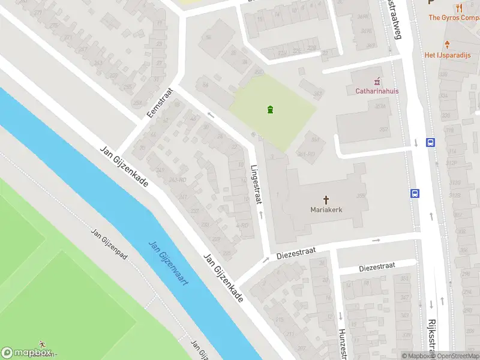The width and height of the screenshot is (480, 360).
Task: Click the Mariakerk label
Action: tap(326, 209)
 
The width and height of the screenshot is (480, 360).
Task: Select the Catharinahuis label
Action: tap(377, 91)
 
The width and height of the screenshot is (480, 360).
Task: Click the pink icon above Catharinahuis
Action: tap(377, 80)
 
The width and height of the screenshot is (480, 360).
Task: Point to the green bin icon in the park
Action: tap(271, 109)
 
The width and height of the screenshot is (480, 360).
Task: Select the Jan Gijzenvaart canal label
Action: tap(167, 262)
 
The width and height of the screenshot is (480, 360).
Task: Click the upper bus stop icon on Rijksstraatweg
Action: tap(430, 143)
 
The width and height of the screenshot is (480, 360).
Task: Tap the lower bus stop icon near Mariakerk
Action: tap(415, 193)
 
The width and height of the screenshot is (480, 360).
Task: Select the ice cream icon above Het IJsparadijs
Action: tap(447, 44)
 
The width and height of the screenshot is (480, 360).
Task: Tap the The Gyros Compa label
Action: tap(454, 18)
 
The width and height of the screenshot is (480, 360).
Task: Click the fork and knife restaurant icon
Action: tap(460, 7)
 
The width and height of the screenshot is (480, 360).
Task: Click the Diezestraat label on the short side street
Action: tap(377, 266)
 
